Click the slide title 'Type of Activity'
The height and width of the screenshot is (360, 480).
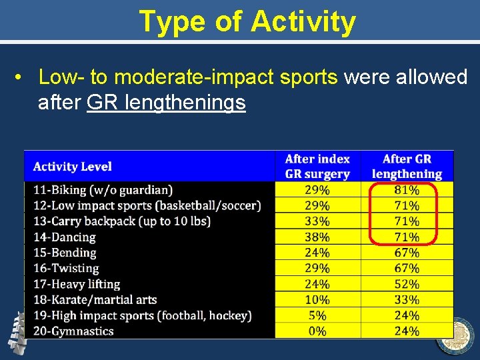click(x=247, y=21)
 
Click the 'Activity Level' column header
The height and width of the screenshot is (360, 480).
click(x=72, y=167)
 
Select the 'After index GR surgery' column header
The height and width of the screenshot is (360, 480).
click(x=317, y=167)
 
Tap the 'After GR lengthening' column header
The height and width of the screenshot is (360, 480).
click(x=407, y=167)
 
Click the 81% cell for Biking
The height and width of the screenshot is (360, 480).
click(x=407, y=190)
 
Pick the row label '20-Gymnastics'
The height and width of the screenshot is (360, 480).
click(x=73, y=331)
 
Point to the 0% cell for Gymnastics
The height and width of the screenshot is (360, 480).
click(x=317, y=331)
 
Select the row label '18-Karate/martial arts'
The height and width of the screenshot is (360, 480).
click(x=95, y=300)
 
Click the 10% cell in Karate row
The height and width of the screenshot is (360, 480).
click(x=317, y=300)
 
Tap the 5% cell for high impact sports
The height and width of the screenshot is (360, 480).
click(x=317, y=315)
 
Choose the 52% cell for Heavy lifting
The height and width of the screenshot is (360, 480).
click(x=407, y=284)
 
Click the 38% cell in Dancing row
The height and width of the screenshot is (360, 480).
click(x=317, y=237)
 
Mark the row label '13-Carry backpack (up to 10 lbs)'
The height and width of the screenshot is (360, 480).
click(x=122, y=221)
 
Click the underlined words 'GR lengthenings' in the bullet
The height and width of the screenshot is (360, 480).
click(x=166, y=103)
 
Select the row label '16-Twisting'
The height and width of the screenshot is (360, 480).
click(x=66, y=268)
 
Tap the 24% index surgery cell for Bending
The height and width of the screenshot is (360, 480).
click(x=317, y=253)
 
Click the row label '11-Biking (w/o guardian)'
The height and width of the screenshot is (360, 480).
click(x=103, y=190)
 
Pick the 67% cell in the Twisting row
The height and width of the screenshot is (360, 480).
click(x=407, y=268)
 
